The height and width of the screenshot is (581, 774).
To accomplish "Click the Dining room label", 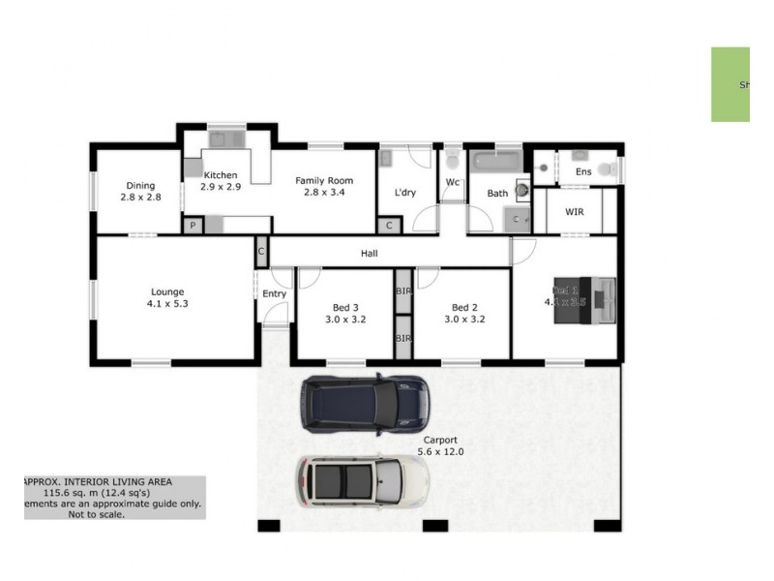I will pyautogui.click(x=140, y=186).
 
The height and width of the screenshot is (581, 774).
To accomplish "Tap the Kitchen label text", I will pyautogui.click(x=221, y=175).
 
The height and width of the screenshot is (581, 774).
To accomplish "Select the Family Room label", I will pyautogui.click(x=324, y=181).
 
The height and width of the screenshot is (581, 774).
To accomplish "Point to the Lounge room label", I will pyautogui.click(x=167, y=291).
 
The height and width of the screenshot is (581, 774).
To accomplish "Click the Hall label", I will pyautogui.click(x=370, y=254).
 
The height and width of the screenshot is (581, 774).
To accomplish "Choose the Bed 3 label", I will pyautogui.click(x=344, y=308).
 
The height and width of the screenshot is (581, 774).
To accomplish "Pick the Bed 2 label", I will pyautogui.click(x=464, y=308).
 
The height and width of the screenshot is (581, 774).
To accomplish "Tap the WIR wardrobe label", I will pyautogui.click(x=574, y=211).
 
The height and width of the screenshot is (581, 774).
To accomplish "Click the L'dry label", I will pyautogui.click(x=404, y=193).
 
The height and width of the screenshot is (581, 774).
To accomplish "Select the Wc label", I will pyautogui.click(x=452, y=182).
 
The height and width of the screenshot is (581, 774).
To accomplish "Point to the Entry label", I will pyautogui.click(x=274, y=294).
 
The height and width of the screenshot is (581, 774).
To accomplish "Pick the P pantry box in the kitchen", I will pyautogui.click(x=193, y=226).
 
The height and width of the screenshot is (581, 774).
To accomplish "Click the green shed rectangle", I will pyautogui.click(x=731, y=84).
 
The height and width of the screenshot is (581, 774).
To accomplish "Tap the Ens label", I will pyautogui.click(x=583, y=172).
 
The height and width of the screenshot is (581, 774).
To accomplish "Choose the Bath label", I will pyautogui.click(x=497, y=194).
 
